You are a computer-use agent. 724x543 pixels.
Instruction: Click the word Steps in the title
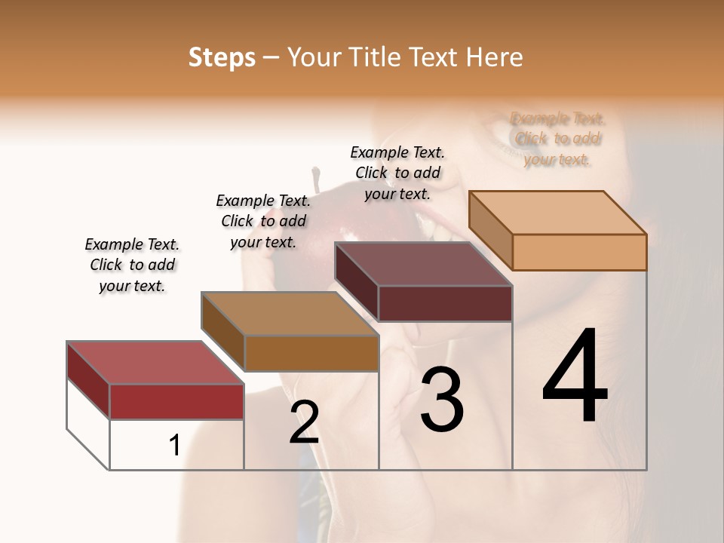point(222,57)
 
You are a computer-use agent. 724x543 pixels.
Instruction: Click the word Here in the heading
point(495,57)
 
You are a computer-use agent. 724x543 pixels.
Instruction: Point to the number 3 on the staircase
point(441,400)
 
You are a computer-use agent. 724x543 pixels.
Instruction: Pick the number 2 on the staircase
point(304,422)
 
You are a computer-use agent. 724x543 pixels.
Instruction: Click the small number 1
point(174,446)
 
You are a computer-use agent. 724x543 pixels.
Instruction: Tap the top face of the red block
point(155,363)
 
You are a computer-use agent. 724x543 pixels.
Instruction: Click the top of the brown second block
point(290,314)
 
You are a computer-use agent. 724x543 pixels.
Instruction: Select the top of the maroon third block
point(423,265)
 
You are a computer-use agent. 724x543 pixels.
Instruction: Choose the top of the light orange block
point(558,213)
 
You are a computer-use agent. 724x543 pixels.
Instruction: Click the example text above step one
point(132,265)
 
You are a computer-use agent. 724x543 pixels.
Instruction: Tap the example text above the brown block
point(263,221)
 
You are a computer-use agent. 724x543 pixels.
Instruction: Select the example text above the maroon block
point(397,173)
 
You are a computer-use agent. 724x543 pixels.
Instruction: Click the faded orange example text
point(557,139)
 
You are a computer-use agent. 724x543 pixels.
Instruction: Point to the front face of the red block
point(176,401)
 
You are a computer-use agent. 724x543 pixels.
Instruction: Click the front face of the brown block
point(311,353)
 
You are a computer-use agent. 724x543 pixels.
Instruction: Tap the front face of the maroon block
point(445,303)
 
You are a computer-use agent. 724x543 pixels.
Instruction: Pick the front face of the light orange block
point(579,252)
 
